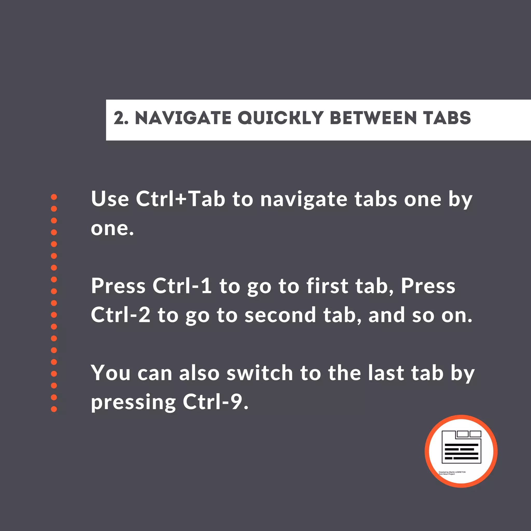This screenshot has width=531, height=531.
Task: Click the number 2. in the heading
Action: [x=121, y=118]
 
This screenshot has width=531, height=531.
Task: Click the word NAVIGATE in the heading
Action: [x=183, y=118]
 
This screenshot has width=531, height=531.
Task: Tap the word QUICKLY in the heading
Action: [x=280, y=118]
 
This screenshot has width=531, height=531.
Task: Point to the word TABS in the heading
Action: [x=447, y=118]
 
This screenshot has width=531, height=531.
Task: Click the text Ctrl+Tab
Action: [x=180, y=199]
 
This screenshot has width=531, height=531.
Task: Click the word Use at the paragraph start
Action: [x=110, y=199]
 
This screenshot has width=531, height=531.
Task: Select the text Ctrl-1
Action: [x=182, y=286]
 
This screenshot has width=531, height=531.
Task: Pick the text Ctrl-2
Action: [x=121, y=315]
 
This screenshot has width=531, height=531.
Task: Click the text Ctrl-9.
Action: [x=216, y=402]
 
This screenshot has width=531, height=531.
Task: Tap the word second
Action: [x=280, y=315]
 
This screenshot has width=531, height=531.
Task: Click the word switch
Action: [x=260, y=373]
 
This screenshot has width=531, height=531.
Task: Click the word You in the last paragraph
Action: [x=110, y=373]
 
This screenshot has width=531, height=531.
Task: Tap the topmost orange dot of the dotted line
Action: [x=54, y=197]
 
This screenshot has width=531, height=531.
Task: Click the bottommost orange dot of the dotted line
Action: [x=54, y=409]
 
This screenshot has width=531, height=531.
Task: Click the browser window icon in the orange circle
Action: [x=462, y=447]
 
